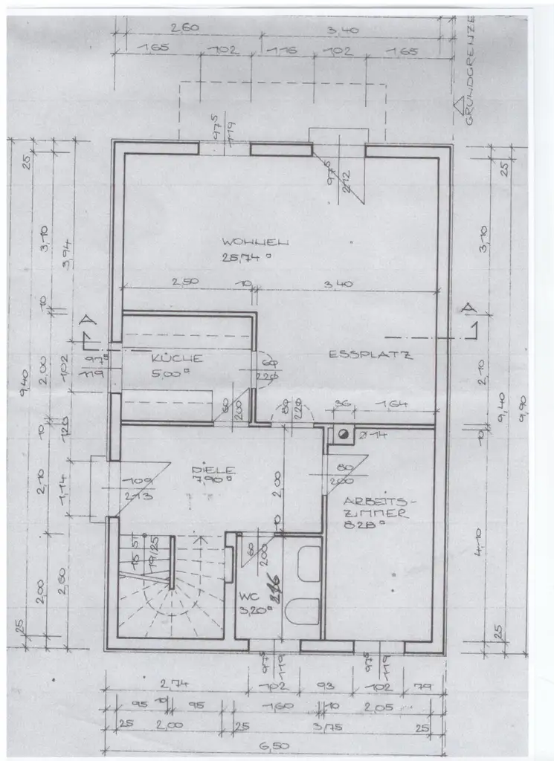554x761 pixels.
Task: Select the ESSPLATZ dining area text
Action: point(370,354)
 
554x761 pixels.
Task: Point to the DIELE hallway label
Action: point(213,470)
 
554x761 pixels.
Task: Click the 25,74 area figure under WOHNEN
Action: point(242,258)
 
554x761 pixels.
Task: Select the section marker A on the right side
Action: point(468,308)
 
